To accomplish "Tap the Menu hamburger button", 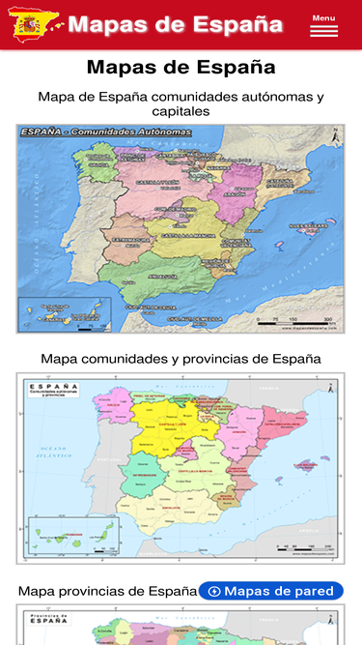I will [323, 26].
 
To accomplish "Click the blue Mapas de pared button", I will [271, 591].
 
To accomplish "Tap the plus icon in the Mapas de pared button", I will [214, 591].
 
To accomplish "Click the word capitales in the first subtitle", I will [181, 112].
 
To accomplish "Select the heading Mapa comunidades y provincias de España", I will [181, 359].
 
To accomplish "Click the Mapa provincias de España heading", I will [107, 591].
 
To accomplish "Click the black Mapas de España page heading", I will [181, 68].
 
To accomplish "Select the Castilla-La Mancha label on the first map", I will [183, 236].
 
